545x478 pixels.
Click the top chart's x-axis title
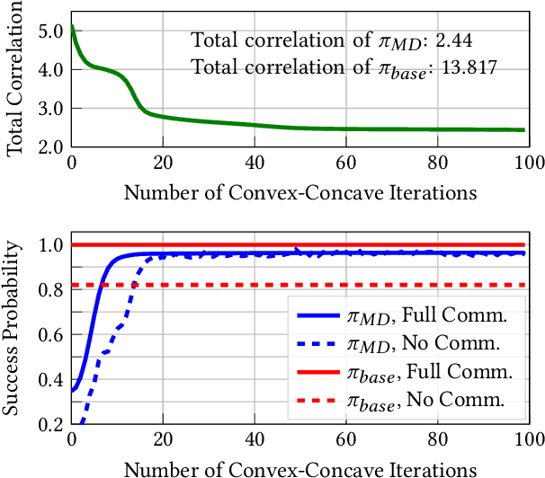pos(299,192)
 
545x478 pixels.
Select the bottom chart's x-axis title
pos(299,468)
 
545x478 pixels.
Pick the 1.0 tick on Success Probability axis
pos(50,245)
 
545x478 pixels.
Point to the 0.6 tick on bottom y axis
pos(50,334)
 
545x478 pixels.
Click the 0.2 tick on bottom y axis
pos(50,423)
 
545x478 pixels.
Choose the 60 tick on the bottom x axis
pos(345,441)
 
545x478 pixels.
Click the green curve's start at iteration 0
pos(73,26)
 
